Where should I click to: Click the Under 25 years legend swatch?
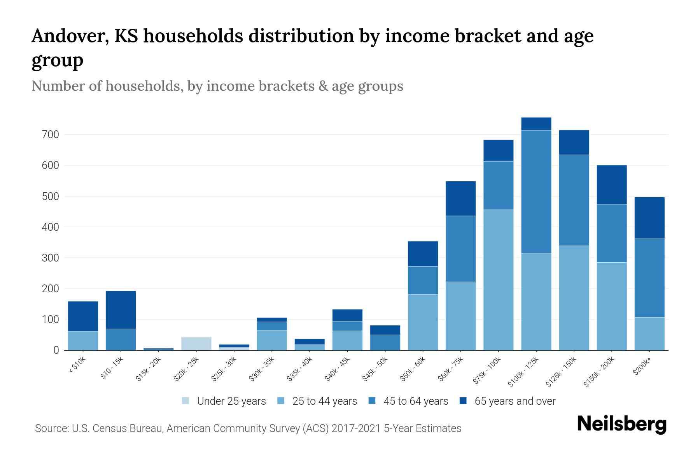point(186,401)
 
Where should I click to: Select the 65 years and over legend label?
point(515,401)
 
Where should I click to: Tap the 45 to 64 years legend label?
point(416,401)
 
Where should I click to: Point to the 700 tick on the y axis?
point(51,135)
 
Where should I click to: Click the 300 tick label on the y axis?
point(51,258)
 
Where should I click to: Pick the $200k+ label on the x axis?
point(642,367)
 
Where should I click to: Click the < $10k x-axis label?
point(77,366)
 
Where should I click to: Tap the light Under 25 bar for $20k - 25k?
point(196,343)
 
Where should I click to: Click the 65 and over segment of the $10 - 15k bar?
point(121,310)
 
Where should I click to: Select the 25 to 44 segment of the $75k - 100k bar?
point(498,280)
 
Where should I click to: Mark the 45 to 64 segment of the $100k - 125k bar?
point(536,191)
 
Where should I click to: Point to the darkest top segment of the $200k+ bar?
point(649,218)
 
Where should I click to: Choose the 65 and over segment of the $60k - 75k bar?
point(460,198)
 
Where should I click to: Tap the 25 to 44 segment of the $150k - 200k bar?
point(611,306)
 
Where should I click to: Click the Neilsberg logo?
point(621,424)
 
